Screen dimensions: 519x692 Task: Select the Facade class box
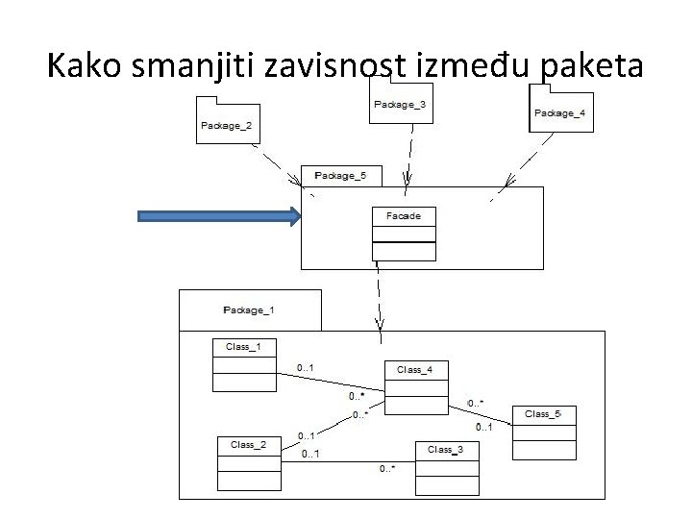point(404,233)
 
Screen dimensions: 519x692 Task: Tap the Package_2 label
point(226,125)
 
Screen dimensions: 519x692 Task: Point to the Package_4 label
point(559,113)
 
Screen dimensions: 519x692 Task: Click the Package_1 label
point(249,309)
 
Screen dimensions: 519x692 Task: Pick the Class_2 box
point(249,464)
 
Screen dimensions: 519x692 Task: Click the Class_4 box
point(416,387)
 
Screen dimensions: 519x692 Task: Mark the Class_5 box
point(544,433)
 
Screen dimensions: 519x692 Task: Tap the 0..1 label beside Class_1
point(307,366)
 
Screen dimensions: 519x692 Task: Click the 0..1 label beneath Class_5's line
point(484,427)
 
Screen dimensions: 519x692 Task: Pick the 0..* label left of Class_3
point(387,469)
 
